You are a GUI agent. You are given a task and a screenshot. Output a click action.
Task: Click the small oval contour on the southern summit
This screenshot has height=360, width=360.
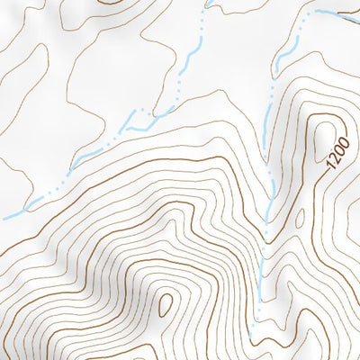[165, 303]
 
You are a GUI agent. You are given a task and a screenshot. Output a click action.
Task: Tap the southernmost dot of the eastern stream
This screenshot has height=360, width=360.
[255, 316]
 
